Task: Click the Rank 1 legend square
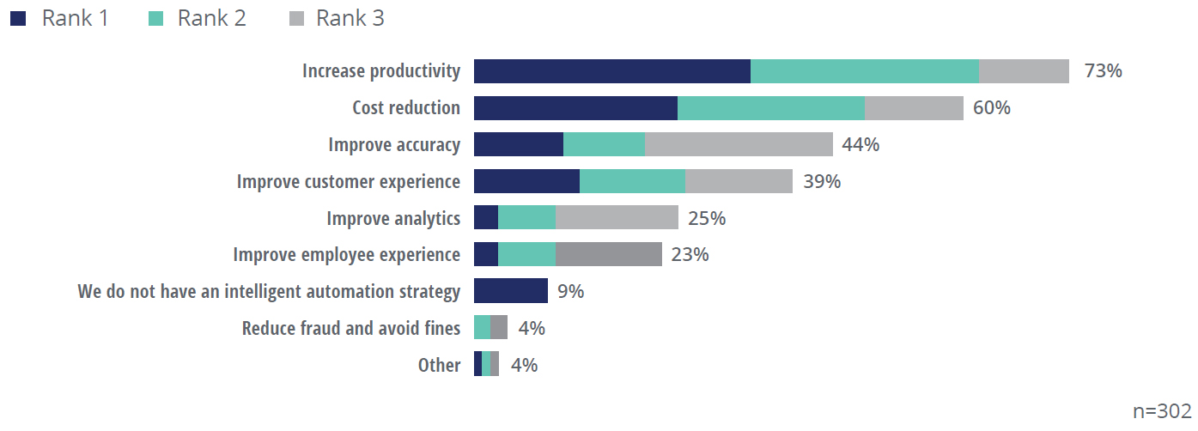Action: [x=18, y=18]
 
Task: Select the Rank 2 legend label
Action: [x=212, y=18]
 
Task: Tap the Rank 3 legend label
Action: [x=350, y=18]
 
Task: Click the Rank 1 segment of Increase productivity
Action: [x=611, y=71]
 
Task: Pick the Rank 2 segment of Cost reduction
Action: [x=770, y=108]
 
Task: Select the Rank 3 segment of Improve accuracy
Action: [x=739, y=144]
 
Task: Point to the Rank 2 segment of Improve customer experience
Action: [x=632, y=181]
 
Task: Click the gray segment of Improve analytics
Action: [x=617, y=218]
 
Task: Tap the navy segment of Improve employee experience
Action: [x=486, y=255]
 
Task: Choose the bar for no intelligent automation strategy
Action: [x=510, y=291]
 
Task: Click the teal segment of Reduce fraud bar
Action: [x=482, y=328]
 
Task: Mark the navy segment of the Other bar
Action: [x=477, y=364]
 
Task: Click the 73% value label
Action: [x=1103, y=71]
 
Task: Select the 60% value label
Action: [x=992, y=108]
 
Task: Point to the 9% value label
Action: [x=570, y=291]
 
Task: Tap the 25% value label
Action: [x=707, y=218]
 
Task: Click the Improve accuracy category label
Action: [x=394, y=144]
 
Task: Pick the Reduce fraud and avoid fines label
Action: [x=351, y=328]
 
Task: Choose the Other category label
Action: [x=439, y=365]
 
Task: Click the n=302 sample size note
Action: [x=1162, y=411]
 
